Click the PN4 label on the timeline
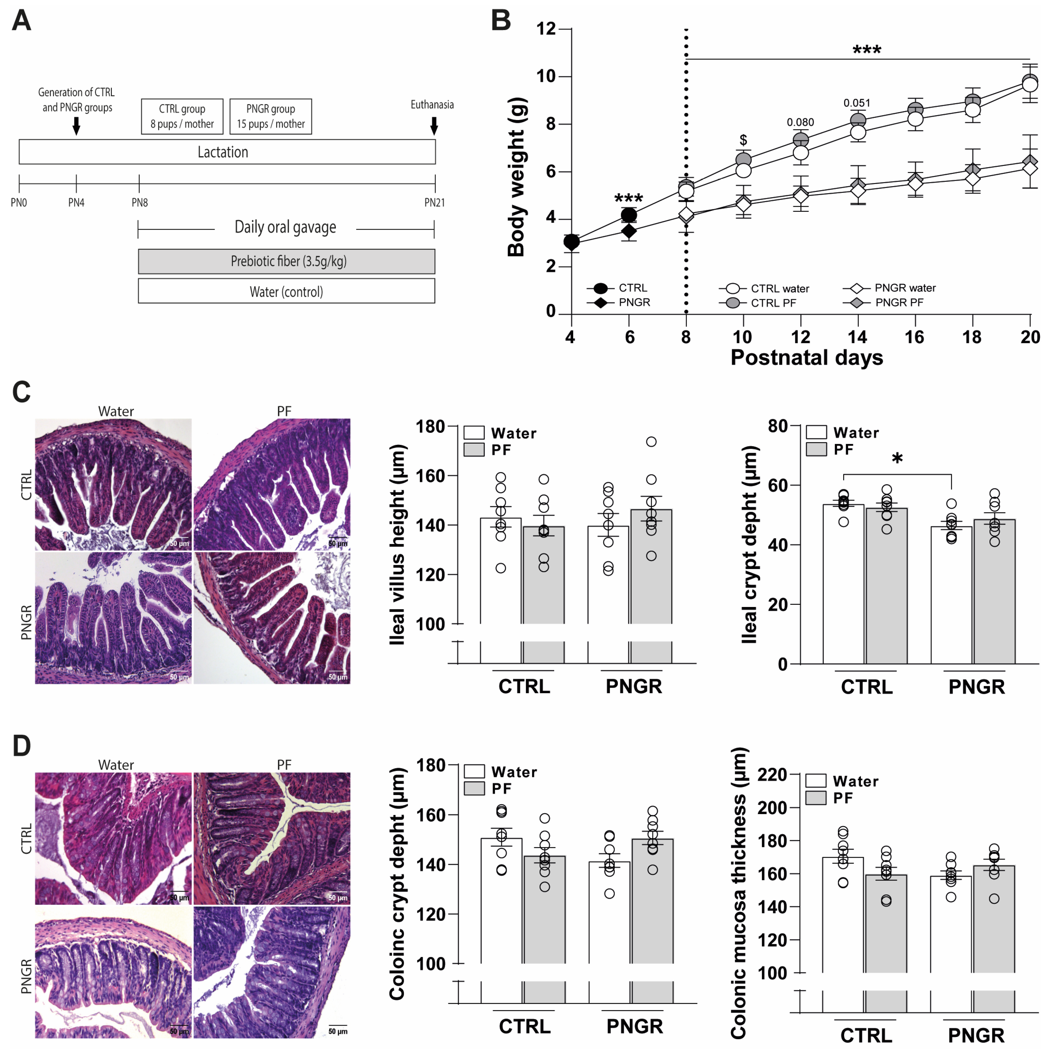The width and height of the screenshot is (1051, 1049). (x=76, y=203)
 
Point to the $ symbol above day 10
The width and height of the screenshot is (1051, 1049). (x=743, y=140)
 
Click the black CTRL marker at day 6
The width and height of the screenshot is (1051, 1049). (x=629, y=215)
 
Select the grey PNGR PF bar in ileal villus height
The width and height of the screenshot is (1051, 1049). (x=651, y=576)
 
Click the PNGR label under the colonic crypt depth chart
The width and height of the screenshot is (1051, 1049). (x=634, y=1026)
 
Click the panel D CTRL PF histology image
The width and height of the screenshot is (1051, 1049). (x=272, y=838)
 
